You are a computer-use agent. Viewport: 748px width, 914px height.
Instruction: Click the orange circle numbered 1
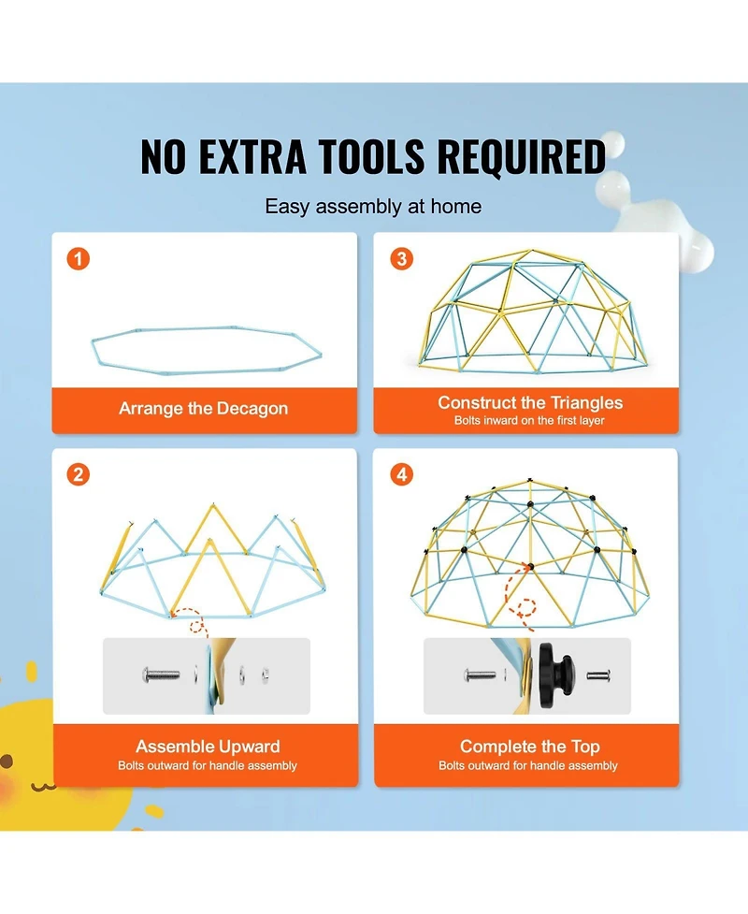tap(78, 258)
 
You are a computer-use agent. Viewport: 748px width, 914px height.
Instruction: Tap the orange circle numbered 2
tap(78, 474)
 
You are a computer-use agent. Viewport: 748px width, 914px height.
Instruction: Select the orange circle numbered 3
tap(401, 258)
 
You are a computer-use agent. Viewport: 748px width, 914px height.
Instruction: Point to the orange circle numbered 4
tap(401, 474)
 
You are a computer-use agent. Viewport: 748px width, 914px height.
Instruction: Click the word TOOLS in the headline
tap(372, 156)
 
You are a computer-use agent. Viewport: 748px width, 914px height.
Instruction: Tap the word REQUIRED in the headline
tap(522, 156)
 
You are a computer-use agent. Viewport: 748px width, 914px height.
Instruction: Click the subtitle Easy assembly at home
tap(373, 207)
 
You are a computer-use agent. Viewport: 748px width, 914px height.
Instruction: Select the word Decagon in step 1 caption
tap(252, 409)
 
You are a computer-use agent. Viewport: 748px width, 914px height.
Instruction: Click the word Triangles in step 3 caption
tap(586, 403)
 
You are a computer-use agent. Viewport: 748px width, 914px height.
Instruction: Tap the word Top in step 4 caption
tap(585, 747)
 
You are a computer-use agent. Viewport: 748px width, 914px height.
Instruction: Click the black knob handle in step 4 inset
tap(556, 675)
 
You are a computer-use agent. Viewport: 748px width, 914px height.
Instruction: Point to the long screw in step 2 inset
tap(162, 675)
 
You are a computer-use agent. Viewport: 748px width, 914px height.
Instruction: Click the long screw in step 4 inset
tap(481, 675)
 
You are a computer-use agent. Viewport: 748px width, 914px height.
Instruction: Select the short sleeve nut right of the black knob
tap(598, 675)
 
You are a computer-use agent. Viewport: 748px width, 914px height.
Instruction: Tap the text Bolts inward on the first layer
tap(529, 420)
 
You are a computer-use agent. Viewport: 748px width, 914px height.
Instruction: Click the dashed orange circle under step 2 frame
tap(198, 627)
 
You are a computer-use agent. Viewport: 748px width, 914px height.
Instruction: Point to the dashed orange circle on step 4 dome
tap(526, 607)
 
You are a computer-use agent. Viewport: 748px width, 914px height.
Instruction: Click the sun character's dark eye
tap(7, 761)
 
